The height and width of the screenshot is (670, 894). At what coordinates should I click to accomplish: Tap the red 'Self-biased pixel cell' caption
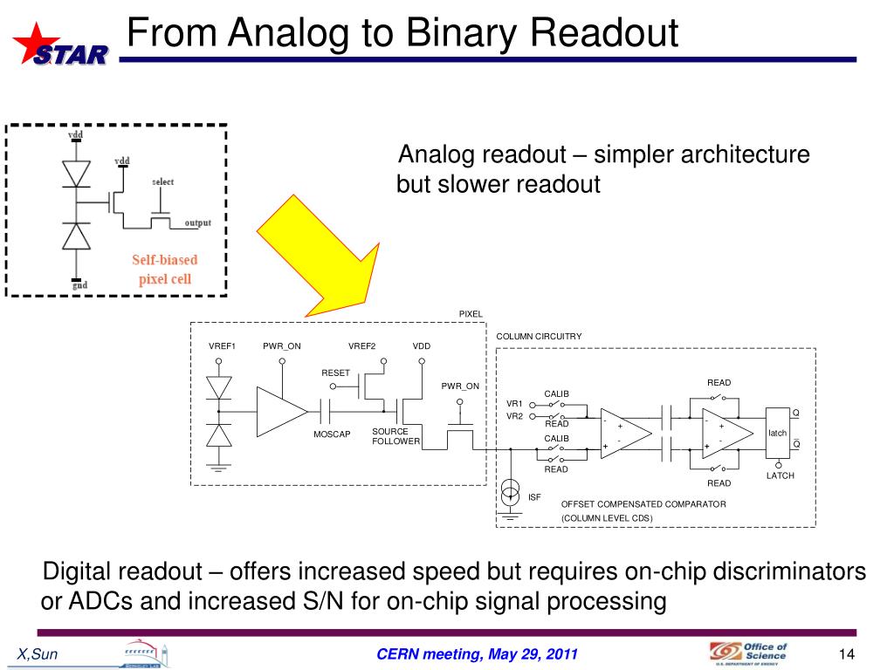click(x=165, y=270)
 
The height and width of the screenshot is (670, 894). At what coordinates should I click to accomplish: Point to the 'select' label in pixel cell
click(x=162, y=181)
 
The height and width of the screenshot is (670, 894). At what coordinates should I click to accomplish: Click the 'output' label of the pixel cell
click(x=197, y=223)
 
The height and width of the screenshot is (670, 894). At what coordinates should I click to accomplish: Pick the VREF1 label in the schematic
click(x=222, y=346)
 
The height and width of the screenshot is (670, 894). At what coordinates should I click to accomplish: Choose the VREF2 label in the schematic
click(x=361, y=346)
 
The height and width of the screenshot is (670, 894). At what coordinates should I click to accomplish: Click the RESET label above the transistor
click(x=335, y=373)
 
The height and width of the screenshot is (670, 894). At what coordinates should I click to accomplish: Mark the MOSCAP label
click(x=331, y=434)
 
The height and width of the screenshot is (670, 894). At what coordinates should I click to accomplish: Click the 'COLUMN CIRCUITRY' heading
click(x=539, y=336)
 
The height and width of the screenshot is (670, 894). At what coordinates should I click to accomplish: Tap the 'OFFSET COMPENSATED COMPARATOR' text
click(x=643, y=504)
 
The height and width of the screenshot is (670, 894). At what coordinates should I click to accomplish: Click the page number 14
click(x=844, y=655)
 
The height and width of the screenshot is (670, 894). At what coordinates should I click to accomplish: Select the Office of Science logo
click(x=747, y=653)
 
